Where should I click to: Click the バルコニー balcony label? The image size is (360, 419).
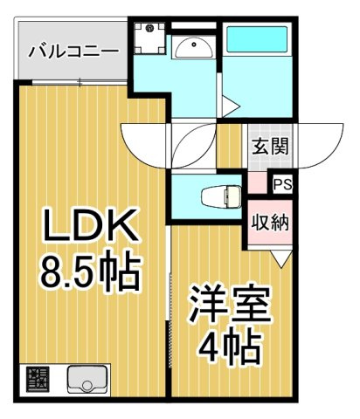[x=73, y=52]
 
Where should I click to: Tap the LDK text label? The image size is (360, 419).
[x=91, y=224]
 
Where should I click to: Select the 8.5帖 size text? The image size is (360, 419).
[x=90, y=271]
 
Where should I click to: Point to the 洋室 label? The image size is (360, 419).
[x=230, y=304]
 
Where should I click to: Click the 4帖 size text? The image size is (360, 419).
[x=229, y=346]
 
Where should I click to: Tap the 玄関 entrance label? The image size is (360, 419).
[x=270, y=146]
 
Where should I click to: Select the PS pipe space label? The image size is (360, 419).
[x=282, y=184]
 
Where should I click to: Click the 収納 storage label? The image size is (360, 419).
[x=270, y=223]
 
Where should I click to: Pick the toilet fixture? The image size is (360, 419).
[x=221, y=196]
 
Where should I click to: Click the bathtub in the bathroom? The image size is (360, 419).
[x=257, y=39]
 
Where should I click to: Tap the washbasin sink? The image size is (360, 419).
[x=194, y=48]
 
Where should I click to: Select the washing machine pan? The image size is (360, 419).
[x=150, y=38]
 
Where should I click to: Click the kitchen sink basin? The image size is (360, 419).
[x=87, y=380]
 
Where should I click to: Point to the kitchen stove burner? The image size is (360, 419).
[x=38, y=380]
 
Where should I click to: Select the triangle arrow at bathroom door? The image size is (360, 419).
[x=231, y=106]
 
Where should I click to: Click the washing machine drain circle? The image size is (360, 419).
[x=149, y=28]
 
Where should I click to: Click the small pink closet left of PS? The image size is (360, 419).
[x=257, y=183]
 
